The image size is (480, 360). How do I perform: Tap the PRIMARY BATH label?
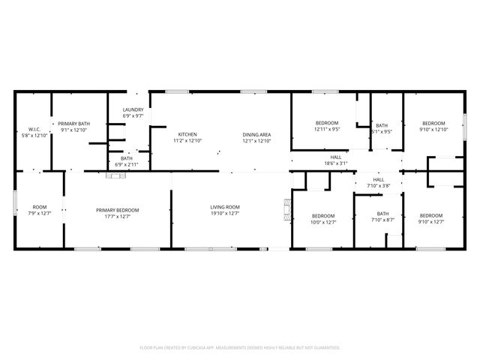(74, 123)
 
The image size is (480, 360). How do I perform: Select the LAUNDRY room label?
(133, 110)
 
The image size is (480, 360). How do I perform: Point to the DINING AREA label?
(256, 134)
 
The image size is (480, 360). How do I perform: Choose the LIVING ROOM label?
(224, 207)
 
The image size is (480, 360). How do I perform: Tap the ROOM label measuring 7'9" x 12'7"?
(39, 207)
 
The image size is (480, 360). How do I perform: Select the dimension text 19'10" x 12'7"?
(224, 213)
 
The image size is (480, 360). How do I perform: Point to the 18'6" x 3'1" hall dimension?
(336, 163)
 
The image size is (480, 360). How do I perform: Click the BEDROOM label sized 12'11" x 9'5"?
(327, 123)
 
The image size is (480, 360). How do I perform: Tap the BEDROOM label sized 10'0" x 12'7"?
(324, 215)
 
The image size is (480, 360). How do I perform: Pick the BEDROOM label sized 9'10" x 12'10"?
(433, 123)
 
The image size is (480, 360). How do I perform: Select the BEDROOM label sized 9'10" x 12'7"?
(430, 215)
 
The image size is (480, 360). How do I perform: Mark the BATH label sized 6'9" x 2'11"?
(127, 158)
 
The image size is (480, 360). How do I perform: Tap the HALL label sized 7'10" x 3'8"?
(379, 180)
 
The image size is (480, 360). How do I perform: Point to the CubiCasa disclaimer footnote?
(240, 348)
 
